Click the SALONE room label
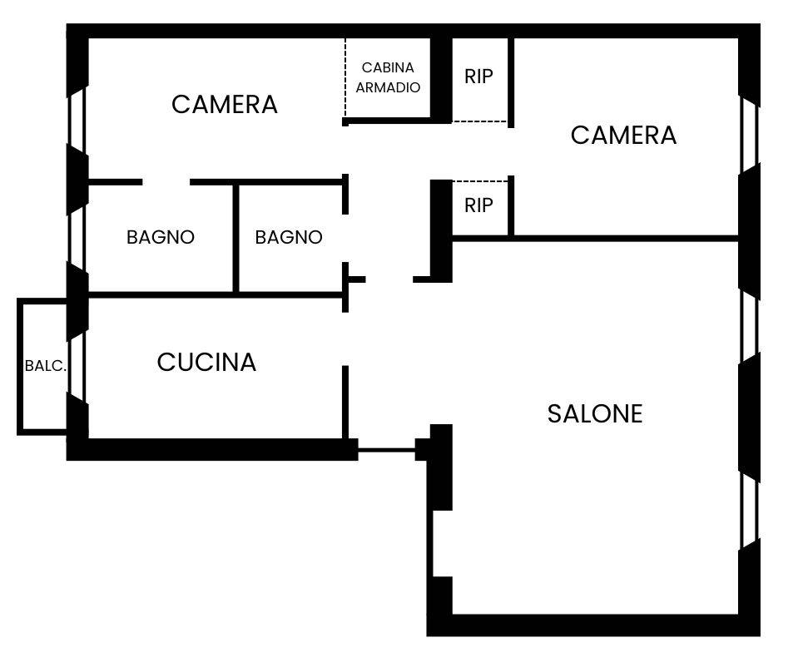(595, 413)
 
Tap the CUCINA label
(206, 363)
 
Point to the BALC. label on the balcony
(45, 366)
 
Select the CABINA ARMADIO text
(388, 77)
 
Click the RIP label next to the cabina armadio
(478, 77)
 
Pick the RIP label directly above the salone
(478, 205)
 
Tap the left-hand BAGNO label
(161, 237)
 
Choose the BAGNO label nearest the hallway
(289, 237)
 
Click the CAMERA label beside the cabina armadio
(225, 105)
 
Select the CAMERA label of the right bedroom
(623, 135)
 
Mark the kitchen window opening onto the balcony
(77, 366)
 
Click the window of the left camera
(77, 117)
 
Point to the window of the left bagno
(77, 239)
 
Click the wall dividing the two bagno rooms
(236, 238)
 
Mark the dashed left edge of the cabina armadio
(345, 79)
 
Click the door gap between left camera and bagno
(166, 182)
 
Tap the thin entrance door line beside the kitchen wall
(386, 450)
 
